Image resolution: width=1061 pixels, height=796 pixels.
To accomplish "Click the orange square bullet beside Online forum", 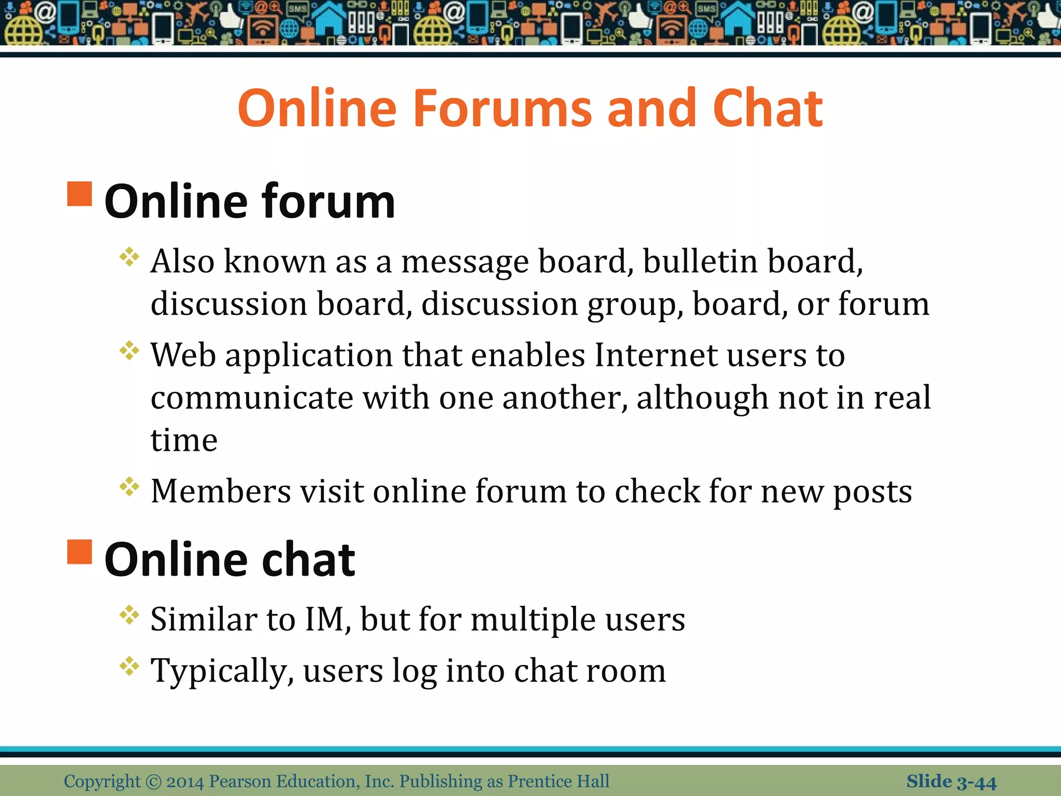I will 80,194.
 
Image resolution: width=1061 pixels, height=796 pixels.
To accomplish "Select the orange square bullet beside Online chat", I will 80,551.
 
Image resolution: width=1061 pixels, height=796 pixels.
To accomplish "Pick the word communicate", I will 252,398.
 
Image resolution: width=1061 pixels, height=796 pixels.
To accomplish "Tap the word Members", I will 221,491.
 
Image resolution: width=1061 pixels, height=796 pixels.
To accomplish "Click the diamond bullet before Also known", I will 129,257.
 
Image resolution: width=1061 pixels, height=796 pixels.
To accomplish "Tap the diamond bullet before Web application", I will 129,351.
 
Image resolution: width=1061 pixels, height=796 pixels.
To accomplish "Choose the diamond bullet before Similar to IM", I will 129,615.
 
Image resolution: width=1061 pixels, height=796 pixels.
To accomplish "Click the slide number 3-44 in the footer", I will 976,781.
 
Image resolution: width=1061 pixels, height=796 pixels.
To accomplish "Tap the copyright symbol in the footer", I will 154,781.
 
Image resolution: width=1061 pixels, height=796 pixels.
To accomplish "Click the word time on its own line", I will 184,440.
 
